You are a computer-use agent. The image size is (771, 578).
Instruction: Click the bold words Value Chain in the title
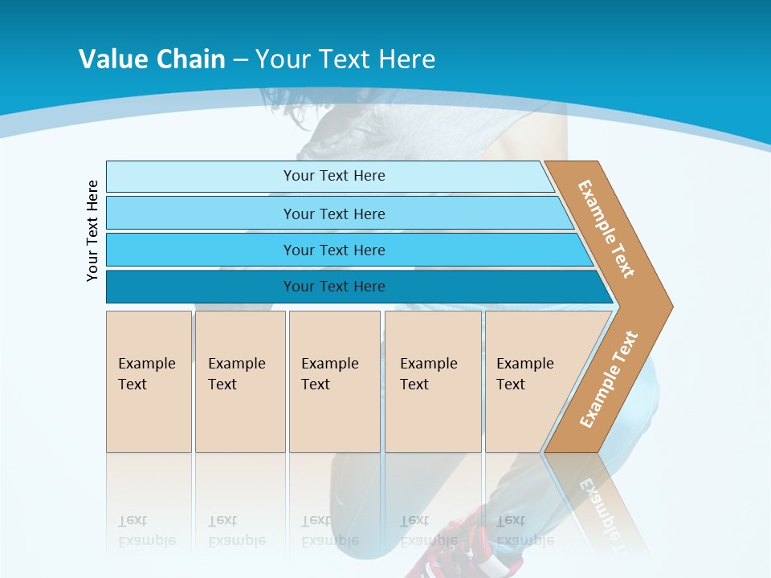152,59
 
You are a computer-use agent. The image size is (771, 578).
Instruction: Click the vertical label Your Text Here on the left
92,230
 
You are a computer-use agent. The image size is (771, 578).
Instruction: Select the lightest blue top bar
201,176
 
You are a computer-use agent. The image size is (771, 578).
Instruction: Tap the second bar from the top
201,214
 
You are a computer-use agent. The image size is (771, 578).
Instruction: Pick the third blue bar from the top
201,250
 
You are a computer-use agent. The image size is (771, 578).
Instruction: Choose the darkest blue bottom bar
201,287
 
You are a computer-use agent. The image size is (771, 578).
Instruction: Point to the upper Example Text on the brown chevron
606,229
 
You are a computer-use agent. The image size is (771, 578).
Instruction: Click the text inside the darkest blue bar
334,287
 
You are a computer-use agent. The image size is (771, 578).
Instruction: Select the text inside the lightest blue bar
334,176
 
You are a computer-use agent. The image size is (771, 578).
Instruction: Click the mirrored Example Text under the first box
146,531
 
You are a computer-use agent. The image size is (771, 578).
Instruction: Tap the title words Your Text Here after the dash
345,59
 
